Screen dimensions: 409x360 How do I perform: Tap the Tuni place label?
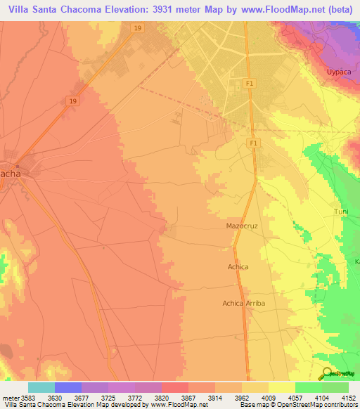pos(341,212)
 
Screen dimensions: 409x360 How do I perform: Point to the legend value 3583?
pos(28,397)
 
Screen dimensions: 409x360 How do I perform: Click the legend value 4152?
pos(349,397)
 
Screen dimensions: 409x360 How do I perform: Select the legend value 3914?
pos(215,397)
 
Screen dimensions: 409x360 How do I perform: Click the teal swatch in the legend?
pos(41,387)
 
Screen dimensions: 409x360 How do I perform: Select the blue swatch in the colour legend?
pos(68,387)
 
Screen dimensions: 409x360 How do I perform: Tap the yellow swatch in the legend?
pos(281,387)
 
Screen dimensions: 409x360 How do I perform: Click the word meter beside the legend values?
pos(10,397)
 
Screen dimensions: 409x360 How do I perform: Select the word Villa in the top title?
pos(21,10)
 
